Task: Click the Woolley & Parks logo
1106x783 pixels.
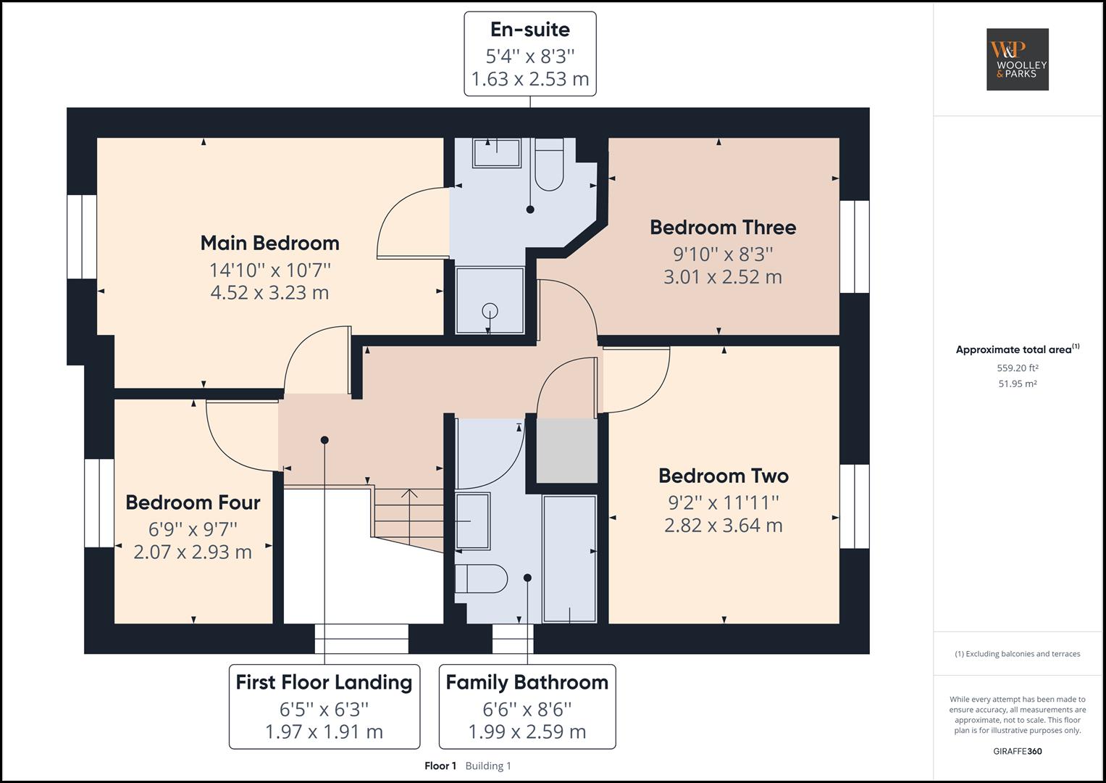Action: pyautogui.click(x=1017, y=59)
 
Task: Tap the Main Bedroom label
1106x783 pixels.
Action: pyautogui.click(x=269, y=243)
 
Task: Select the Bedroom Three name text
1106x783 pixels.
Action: pyautogui.click(x=722, y=228)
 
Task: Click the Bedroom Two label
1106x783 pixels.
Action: pyautogui.click(x=723, y=476)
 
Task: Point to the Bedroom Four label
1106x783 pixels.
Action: pyautogui.click(x=193, y=502)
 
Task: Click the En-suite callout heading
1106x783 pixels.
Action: pyautogui.click(x=529, y=30)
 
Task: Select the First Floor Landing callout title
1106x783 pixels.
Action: pyautogui.click(x=324, y=682)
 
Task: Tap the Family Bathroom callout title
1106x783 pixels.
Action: pyautogui.click(x=527, y=682)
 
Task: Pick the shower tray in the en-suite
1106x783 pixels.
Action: pyautogui.click(x=490, y=300)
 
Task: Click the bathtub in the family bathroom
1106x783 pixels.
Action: pyautogui.click(x=569, y=558)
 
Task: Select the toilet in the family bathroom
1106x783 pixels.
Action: pyautogui.click(x=481, y=579)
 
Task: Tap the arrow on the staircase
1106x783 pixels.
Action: pyautogui.click(x=409, y=496)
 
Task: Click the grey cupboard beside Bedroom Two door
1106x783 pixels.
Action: pyautogui.click(x=566, y=450)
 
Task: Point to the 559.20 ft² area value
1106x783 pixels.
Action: pyautogui.click(x=1017, y=368)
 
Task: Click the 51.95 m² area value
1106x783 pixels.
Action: pyautogui.click(x=1017, y=384)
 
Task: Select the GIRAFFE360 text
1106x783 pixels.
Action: pyautogui.click(x=1017, y=751)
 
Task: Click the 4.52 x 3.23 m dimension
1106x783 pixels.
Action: pyautogui.click(x=269, y=293)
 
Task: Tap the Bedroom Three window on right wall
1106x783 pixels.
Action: pyautogui.click(x=854, y=246)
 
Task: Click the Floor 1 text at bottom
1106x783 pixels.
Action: pyautogui.click(x=440, y=766)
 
